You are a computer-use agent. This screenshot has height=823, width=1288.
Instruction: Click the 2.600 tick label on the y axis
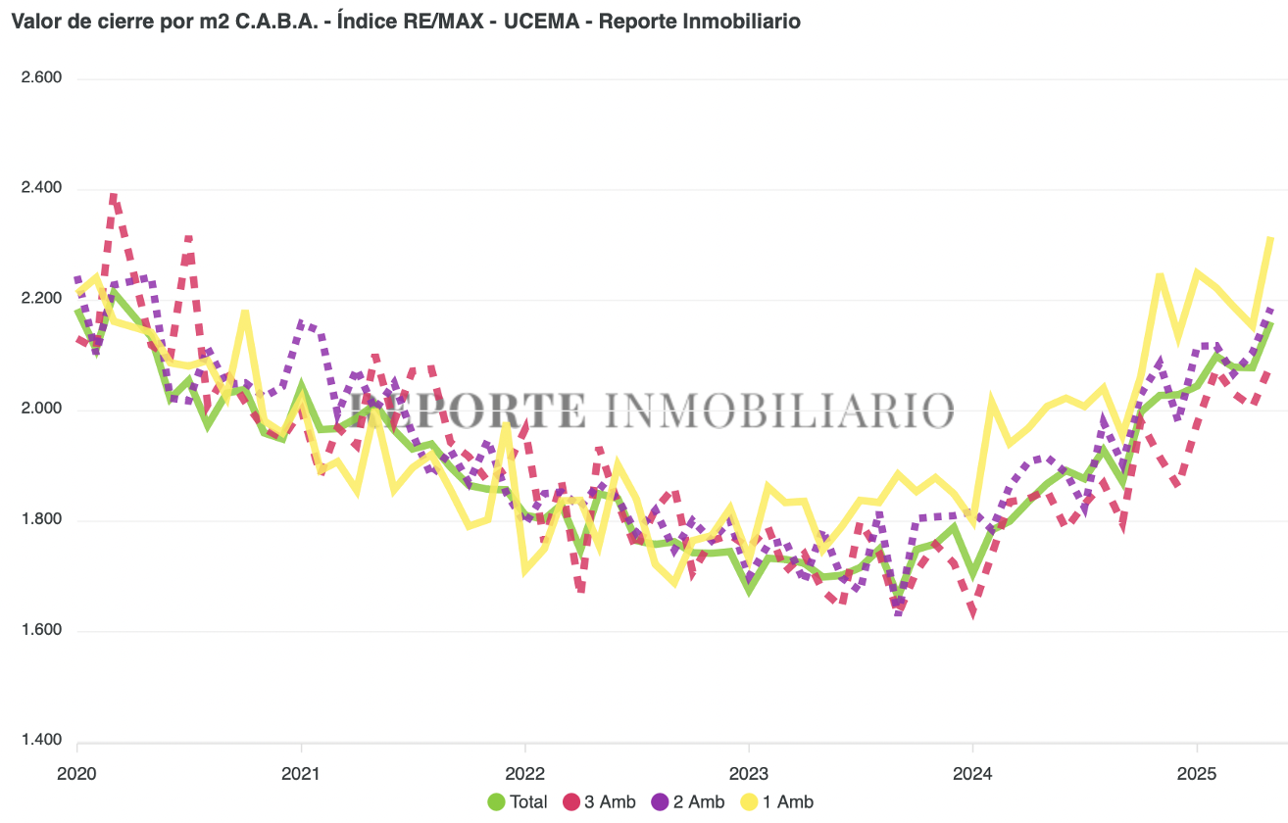[x=42, y=78]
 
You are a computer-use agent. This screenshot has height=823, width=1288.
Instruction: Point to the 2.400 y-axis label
[x=42, y=188]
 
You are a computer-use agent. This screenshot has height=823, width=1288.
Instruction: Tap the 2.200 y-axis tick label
[x=42, y=299]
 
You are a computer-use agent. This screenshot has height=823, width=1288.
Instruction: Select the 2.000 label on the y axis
[x=42, y=410]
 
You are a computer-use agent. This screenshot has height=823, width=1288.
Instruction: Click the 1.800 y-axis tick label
[x=42, y=520]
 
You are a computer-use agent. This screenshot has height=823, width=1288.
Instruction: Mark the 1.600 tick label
[x=42, y=631]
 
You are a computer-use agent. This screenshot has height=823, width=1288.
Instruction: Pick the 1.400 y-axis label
[x=42, y=741]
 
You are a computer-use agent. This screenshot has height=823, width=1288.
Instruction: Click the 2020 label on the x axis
[x=76, y=772]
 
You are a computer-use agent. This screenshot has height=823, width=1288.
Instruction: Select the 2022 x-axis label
[x=524, y=772]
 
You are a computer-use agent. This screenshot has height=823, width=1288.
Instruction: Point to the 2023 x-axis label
[x=748, y=772]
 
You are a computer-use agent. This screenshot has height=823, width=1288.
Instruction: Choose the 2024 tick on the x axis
[x=972, y=772]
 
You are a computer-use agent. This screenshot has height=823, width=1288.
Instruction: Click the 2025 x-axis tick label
[x=1196, y=772]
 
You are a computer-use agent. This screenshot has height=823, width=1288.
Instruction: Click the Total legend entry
[x=519, y=802]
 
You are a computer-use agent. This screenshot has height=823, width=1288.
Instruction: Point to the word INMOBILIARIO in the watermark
[x=778, y=410]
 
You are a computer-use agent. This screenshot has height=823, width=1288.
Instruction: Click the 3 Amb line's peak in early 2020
[x=114, y=198]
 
